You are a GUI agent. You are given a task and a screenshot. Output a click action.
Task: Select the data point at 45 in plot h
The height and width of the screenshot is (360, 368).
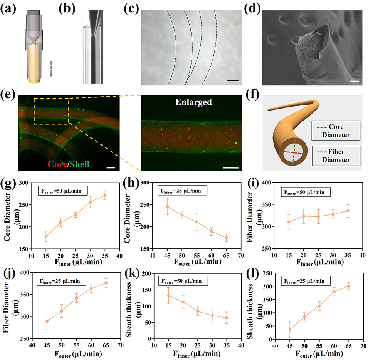pyautogui.click(x=167, y=206)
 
